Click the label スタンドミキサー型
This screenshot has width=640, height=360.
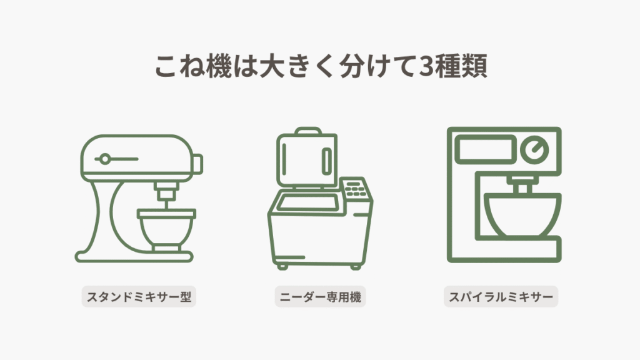(139, 297)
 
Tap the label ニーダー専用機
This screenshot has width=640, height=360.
(321, 297)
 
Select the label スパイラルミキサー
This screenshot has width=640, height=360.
(501, 297)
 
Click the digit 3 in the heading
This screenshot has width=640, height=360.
(426, 66)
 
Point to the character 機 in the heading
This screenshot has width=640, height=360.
(219, 66)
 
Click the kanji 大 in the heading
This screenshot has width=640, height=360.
(272, 66)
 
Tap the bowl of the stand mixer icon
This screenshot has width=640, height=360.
(166, 229)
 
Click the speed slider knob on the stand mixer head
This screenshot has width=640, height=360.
(105, 159)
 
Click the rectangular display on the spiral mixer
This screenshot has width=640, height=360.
(485, 149)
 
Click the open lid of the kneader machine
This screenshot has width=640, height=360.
(307, 159)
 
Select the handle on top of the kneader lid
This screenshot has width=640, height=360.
(308, 131)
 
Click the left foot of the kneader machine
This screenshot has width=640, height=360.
(282, 267)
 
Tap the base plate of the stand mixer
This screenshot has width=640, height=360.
(134, 257)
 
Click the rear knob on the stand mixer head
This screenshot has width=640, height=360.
(198, 164)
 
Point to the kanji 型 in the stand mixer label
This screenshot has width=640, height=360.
(186, 297)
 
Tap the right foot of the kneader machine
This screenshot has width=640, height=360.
(356, 267)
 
